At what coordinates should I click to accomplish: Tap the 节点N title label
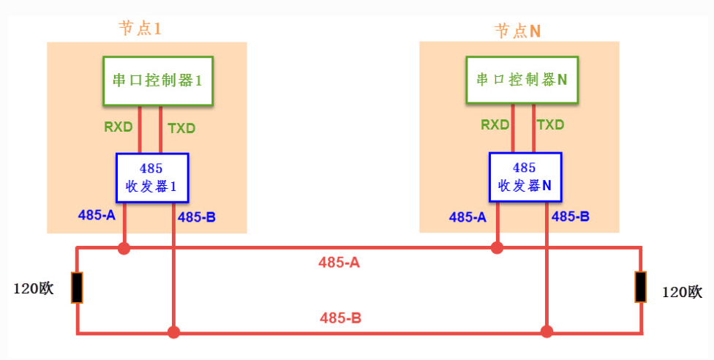[517, 31]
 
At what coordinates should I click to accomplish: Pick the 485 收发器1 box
[152, 177]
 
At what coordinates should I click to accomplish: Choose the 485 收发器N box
[525, 177]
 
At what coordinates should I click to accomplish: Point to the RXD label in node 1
[119, 127]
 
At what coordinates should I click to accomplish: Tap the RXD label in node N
[495, 124]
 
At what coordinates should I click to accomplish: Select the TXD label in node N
[551, 124]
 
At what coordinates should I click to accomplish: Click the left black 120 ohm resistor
[77, 287]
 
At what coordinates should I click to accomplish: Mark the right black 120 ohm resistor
[641, 287]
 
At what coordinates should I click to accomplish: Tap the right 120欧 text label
[682, 292]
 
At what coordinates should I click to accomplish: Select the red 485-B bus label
[340, 318]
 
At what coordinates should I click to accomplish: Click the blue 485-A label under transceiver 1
[97, 215]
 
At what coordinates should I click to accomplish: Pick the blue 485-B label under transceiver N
[571, 217]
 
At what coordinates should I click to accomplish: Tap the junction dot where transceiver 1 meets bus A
[124, 249]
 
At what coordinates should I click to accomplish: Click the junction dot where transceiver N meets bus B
[546, 333]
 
